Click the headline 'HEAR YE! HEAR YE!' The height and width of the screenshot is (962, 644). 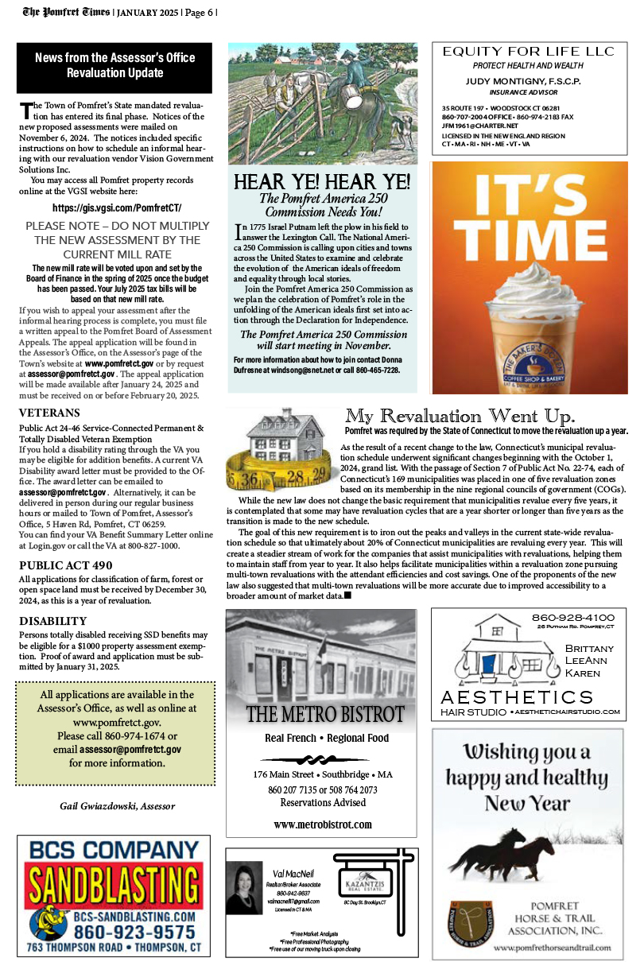(x=322, y=181)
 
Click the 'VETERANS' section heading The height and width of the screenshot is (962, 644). (x=49, y=413)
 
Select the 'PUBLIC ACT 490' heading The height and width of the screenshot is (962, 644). (x=66, y=565)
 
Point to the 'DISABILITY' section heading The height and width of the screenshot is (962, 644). (x=53, y=620)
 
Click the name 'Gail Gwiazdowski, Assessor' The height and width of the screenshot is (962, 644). (x=118, y=806)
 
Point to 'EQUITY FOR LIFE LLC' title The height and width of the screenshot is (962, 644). (x=529, y=52)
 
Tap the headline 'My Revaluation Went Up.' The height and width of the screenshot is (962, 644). (x=460, y=416)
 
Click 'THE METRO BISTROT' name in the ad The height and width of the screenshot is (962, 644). (x=322, y=713)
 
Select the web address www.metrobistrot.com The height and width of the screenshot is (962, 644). (x=322, y=824)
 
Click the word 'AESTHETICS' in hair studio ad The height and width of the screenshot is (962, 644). (x=517, y=697)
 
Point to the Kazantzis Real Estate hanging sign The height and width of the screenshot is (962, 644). (x=363, y=884)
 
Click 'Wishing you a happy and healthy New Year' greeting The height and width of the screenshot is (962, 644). (x=528, y=777)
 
